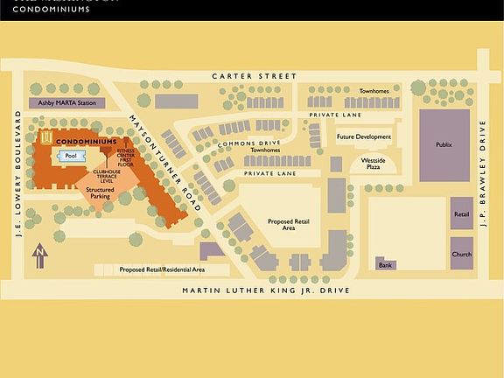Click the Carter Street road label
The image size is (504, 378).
(255, 77)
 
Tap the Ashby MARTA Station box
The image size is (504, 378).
(67, 103)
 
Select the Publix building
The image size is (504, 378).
(444, 145)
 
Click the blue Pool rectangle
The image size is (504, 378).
(71, 157)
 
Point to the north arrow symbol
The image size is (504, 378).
(38, 257)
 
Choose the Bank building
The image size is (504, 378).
(386, 263)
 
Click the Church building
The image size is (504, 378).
(461, 254)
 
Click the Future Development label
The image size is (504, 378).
(364, 137)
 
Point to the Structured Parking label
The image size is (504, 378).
(100, 192)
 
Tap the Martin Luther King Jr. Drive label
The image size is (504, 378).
(265, 290)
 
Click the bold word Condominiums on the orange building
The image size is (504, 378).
(86, 141)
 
